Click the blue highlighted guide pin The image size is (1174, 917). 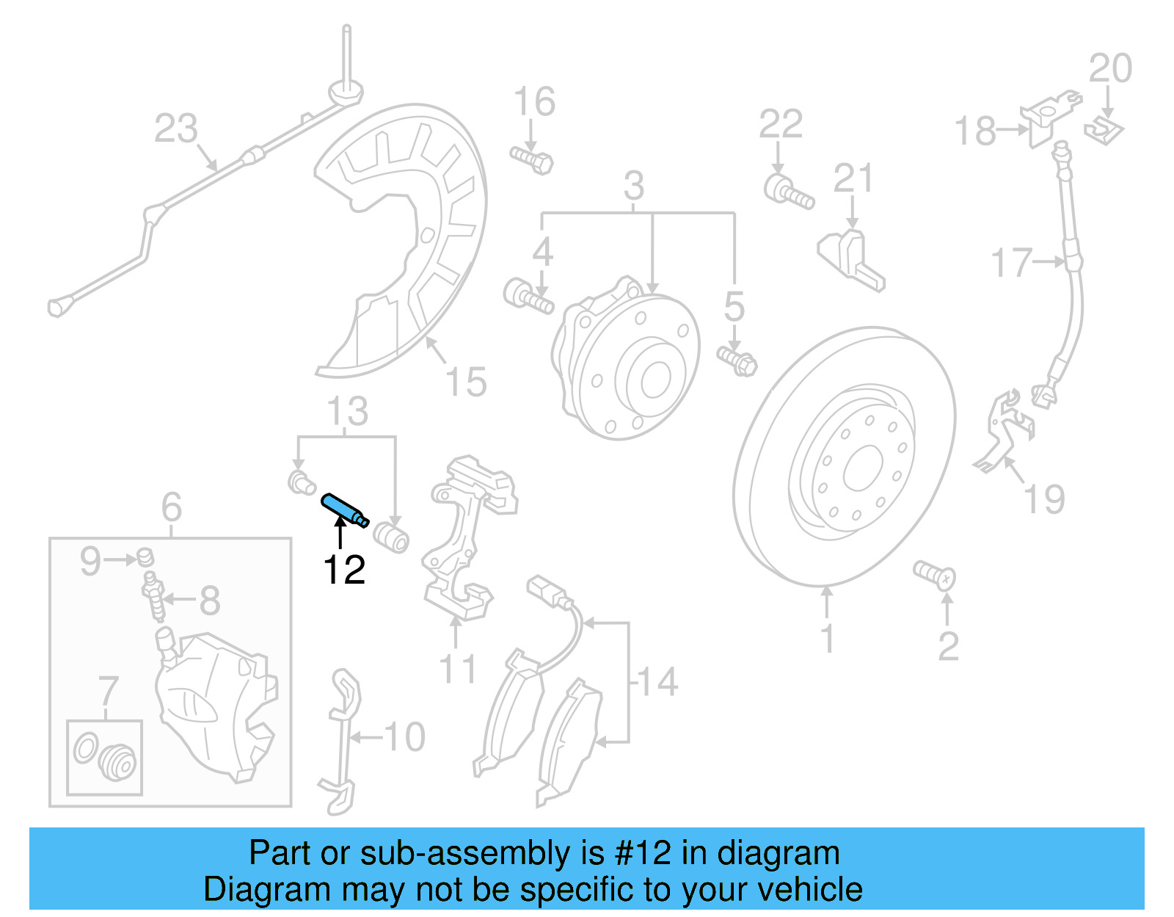pyautogui.click(x=344, y=509)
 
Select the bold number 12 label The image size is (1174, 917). pyautogui.click(x=344, y=570)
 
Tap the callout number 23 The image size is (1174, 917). pyautogui.click(x=175, y=128)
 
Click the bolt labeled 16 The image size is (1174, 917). pyautogui.click(x=532, y=159)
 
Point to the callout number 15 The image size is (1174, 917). pyautogui.click(x=466, y=383)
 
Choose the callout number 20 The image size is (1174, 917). pyautogui.click(x=1110, y=69)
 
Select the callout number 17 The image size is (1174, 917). pyautogui.click(x=1011, y=262)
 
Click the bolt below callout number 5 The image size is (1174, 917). pyautogui.click(x=737, y=360)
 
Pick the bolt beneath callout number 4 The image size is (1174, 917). pyautogui.click(x=528, y=297)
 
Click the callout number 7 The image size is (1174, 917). pyautogui.click(x=108, y=692)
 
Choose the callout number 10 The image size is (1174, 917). pyautogui.click(x=404, y=736)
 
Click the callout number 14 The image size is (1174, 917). pyautogui.click(x=657, y=682)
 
